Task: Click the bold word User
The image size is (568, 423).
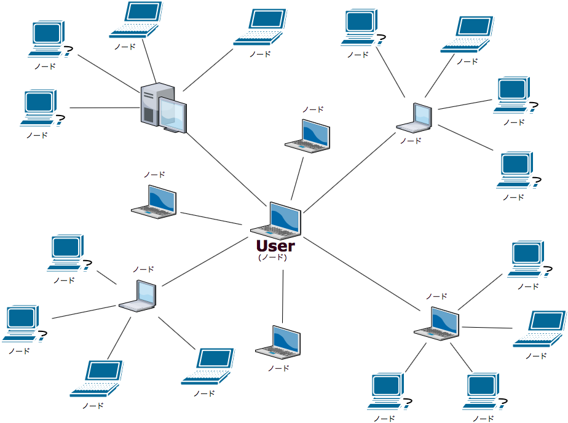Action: [x=275, y=246]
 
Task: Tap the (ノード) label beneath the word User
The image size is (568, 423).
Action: [x=272, y=258]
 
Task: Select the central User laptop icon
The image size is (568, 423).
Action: [x=277, y=221]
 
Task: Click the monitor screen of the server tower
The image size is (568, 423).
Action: [x=173, y=114]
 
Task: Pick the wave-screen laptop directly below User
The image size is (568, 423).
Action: [x=278, y=342]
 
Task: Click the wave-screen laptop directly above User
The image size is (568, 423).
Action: [x=308, y=136]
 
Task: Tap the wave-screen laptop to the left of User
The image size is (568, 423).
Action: [x=154, y=202]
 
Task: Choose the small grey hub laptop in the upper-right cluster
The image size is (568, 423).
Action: [x=415, y=119]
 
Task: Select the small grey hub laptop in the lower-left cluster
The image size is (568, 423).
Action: [x=138, y=296]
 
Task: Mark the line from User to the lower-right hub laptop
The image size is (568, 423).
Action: [x=363, y=273]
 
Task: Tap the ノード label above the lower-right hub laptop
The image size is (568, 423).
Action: [x=436, y=296]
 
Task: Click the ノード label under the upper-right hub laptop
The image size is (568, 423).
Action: [x=411, y=140]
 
